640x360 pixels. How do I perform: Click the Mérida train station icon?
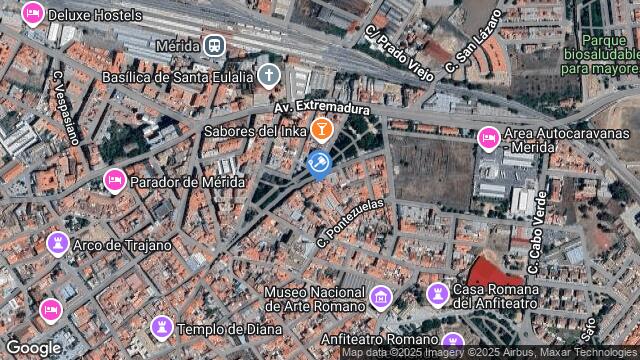[x=213, y=45]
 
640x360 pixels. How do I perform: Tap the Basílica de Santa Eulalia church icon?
[x=268, y=74]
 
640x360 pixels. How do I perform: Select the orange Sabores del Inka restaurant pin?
[x=321, y=129]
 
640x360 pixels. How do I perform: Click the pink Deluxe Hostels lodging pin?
[x=32, y=14]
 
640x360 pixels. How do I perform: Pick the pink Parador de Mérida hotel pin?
[x=115, y=180]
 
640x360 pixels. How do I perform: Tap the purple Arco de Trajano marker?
[x=58, y=243]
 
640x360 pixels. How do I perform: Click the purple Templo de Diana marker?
[x=161, y=327]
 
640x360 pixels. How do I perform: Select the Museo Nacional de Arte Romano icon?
[x=380, y=296]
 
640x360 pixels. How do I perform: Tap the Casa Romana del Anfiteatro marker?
[x=437, y=293]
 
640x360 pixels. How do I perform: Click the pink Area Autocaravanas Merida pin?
[x=489, y=138]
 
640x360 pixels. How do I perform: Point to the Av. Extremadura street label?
[x=323, y=108]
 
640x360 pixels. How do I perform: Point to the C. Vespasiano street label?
[x=65, y=108]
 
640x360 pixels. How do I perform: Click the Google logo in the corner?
[x=33, y=347]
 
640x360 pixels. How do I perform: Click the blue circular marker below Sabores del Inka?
[x=320, y=163]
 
